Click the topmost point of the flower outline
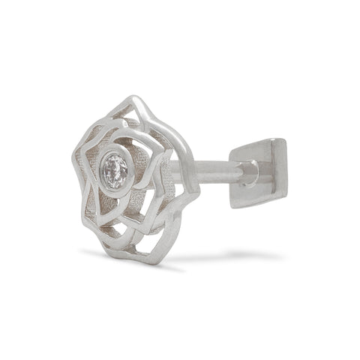135,97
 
